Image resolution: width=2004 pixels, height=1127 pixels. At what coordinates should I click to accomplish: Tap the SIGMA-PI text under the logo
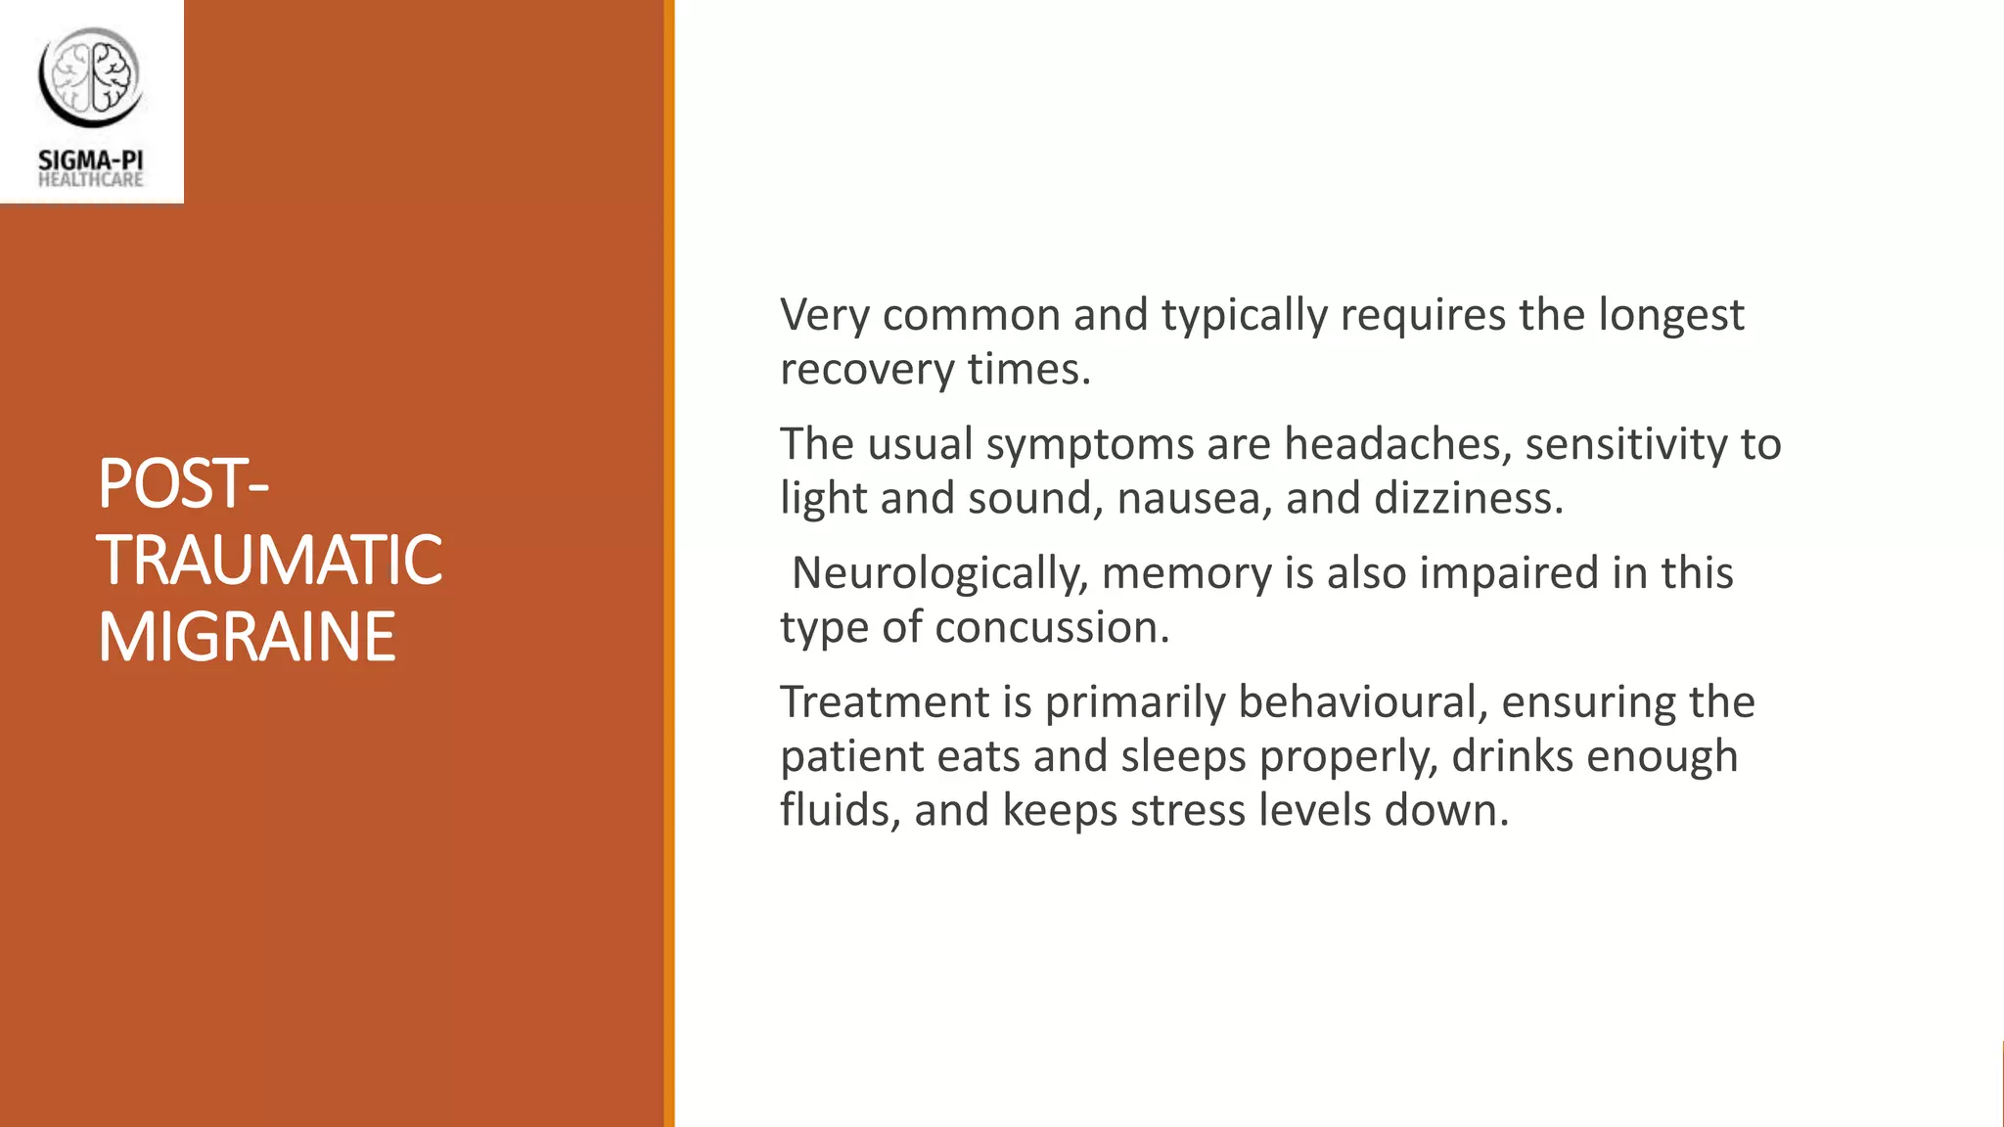(x=91, y=159)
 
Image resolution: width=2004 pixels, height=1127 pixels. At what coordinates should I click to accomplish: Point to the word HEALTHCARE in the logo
(x=91, y=180)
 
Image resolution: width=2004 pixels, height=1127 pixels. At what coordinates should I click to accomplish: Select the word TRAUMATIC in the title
(x=269, y=561)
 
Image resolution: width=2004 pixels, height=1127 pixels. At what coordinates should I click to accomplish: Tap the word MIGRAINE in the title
(x=247, y=637)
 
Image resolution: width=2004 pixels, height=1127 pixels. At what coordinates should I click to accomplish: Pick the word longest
(x=1670, y=315)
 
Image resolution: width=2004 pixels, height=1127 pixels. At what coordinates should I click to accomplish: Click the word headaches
(x=1391, y=444)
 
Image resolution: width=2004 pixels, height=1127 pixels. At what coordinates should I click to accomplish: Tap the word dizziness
(x=1468, y=498)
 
